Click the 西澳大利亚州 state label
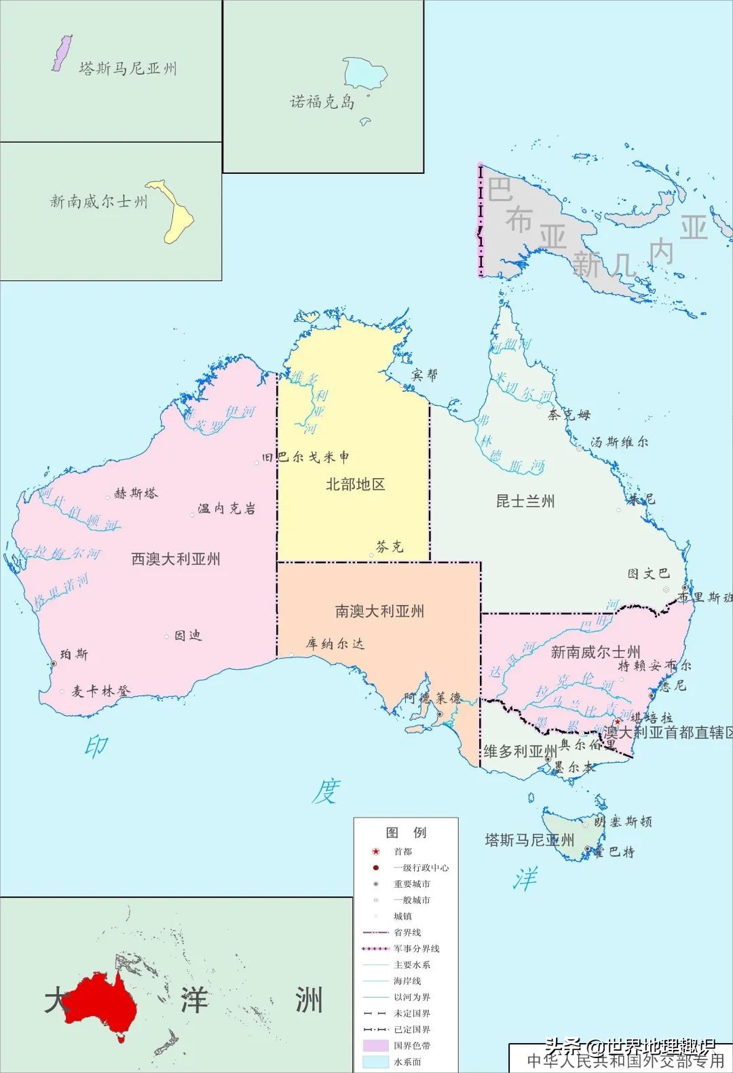point(176,559)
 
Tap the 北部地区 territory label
point(355,484)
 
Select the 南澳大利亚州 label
point(379,611)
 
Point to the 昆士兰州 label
point(525,501)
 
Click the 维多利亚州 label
point(520,751)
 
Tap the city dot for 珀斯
point(53,663)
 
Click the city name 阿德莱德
point(432,698)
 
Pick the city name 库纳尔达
point(335,643)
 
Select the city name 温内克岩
point(227,509)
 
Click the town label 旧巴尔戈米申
point(306,457)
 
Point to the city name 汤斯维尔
point(619,442)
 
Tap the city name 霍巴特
point(614,852)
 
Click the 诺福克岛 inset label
point(322,102)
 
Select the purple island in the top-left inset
point(62,53)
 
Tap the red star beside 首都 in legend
point(375,852)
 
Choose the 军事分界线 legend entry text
point(417,949)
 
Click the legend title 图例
point(406,833)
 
